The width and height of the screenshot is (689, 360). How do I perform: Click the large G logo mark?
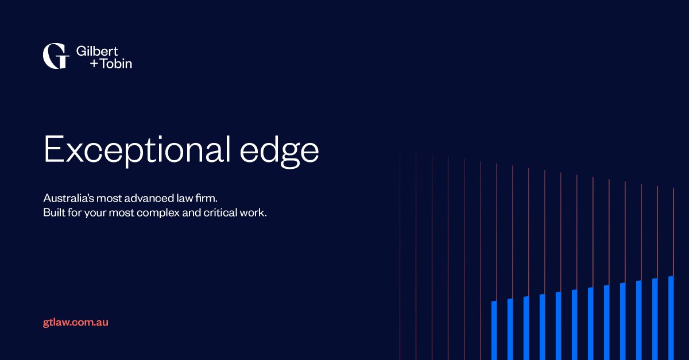coord(56,56)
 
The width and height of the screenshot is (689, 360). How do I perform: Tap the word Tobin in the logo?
coord(117,63)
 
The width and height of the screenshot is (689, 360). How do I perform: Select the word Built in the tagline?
coord(53,213)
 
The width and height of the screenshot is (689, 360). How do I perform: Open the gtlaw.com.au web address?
coord(76,323)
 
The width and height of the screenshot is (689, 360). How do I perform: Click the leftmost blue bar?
coord(494,330)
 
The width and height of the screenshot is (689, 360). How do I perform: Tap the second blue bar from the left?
coord(510,328)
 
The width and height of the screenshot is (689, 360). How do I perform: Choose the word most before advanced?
coord(111,199)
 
